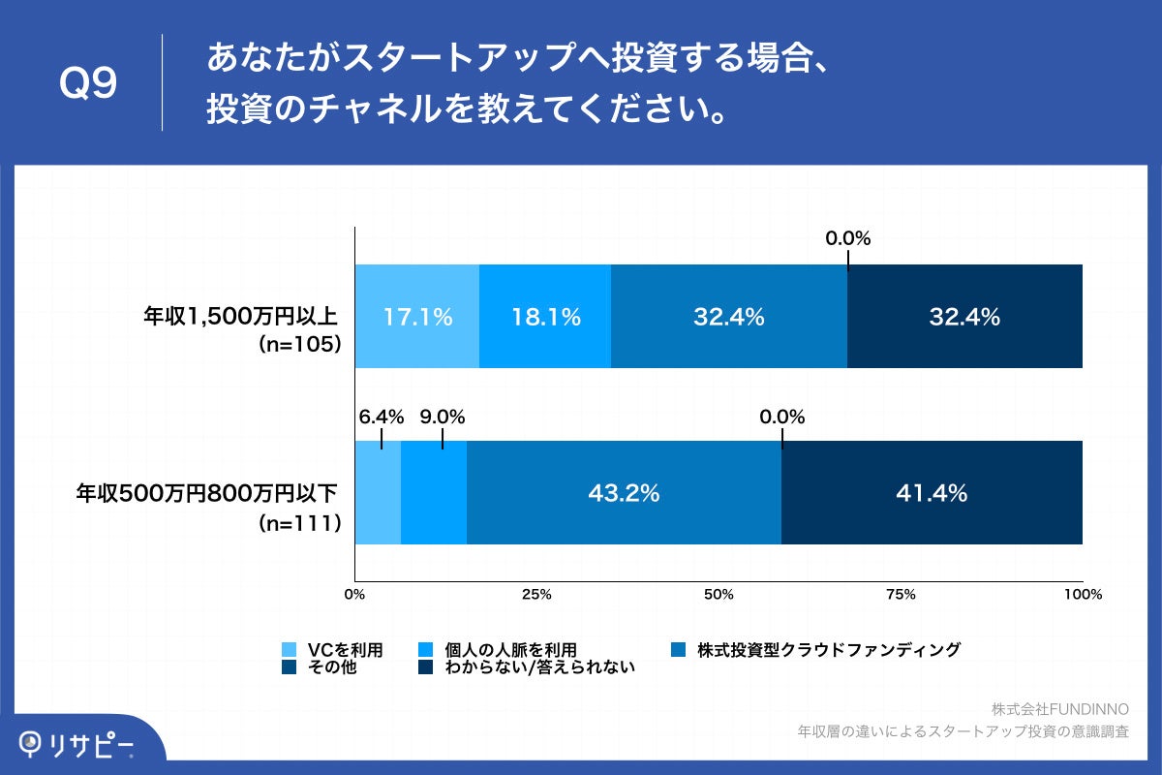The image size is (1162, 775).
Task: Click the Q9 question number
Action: (88, 84)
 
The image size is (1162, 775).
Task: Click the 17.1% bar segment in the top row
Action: (416, 317)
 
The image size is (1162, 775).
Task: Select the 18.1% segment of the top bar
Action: (544, 317)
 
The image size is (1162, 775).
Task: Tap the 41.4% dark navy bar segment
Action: (932, 493)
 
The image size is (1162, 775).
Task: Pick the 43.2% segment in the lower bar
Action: (624, 493)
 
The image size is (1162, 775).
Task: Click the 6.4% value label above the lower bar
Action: (381, 418)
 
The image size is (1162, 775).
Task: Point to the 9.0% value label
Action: (443, 418)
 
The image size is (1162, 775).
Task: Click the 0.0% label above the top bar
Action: (848, 238)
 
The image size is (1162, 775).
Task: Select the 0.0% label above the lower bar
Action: (782, 418)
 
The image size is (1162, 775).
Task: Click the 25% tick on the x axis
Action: (536, 595)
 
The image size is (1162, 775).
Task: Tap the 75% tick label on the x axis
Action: (901, 595)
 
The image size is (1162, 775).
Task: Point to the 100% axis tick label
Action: (1083, 595)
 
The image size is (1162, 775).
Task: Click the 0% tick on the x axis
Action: (355, 595)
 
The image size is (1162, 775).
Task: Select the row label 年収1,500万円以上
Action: (241, 316)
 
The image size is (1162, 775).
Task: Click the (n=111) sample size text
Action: (300, 523)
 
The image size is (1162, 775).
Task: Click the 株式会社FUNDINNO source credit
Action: (1060, 710)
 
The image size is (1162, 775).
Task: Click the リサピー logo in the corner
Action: (77, 743)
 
